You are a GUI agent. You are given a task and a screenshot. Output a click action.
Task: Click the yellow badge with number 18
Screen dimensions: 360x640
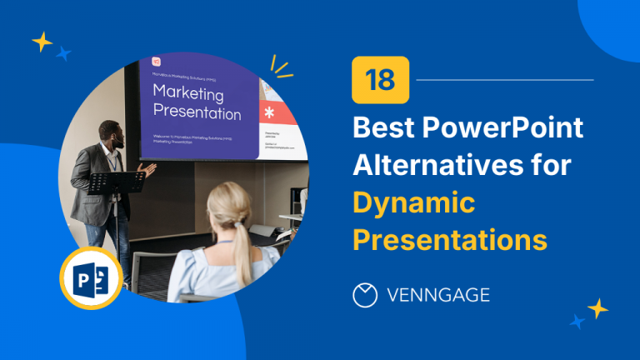(380, 80)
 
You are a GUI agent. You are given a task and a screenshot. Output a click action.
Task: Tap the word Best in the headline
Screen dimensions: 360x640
(385, 129)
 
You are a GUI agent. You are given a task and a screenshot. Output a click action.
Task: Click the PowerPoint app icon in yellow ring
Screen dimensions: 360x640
(91, 278)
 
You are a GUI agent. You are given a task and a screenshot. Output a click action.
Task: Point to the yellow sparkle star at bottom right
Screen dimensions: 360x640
(597, 308)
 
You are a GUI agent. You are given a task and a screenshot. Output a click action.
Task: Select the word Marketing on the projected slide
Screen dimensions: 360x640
(187, 93)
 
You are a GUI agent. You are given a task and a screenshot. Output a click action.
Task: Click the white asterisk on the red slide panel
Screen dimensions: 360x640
(268, 112)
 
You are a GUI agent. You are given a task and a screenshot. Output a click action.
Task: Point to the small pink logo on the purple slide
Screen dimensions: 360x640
(156, 62)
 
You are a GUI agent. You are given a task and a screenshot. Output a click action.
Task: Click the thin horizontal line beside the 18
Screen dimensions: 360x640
(504, 80)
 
